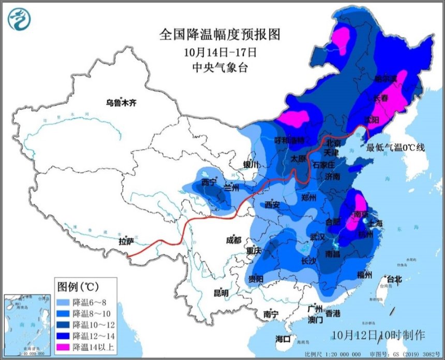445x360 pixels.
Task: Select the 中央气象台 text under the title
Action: tap(219, 68)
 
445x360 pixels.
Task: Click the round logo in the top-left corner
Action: tap(19, 19)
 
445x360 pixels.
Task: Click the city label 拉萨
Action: tap(126, 241)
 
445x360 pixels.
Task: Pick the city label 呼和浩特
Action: tap(293, 140)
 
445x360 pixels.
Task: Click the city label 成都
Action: tap(233, 240)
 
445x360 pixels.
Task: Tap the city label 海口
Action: tap(283, 339)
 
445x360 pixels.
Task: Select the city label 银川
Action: tap(250, 165)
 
